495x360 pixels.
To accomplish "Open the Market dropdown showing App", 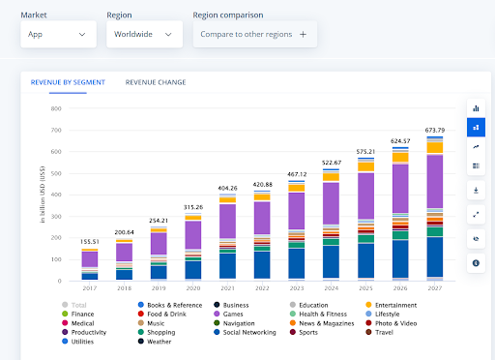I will coord(58,34).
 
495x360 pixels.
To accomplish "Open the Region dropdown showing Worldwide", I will coord(144,34).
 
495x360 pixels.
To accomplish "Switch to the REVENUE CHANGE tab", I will coord(156,82).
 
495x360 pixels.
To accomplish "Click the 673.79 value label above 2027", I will coord(435,131).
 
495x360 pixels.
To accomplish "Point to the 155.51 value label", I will coord(89,242).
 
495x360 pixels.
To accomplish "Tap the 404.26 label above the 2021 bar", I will coord(227,188).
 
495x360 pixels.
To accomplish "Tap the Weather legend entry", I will coord(160,342).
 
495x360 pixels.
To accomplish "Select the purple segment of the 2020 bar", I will coord(193,235).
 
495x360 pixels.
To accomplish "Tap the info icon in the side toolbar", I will coord(476,262).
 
